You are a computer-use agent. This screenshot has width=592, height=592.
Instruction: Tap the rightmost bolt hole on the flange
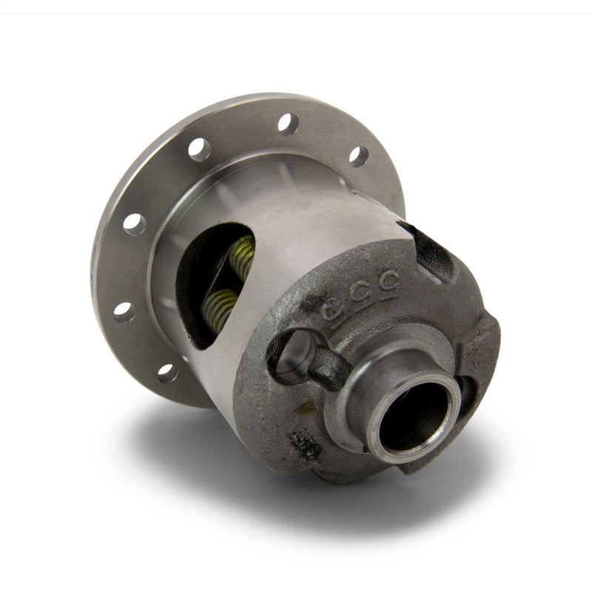click(x=358, y=156)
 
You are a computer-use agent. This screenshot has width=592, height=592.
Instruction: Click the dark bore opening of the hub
click(x=407, y=415)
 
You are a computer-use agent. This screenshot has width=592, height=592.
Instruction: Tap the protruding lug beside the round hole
click(x=326, y=366)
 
